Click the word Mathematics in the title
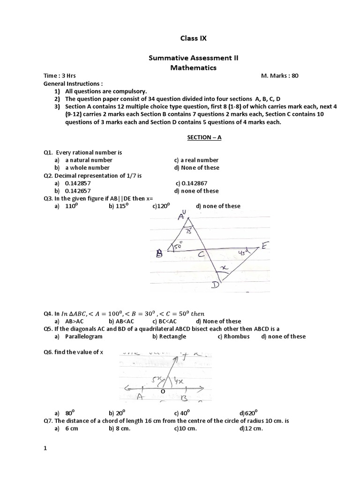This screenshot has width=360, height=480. [x=193, y=67]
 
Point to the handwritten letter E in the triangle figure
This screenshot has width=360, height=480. [x=265, y=246]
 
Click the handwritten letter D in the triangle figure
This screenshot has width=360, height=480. [x=217, y=285]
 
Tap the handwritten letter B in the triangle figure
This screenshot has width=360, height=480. [x=159, y=254]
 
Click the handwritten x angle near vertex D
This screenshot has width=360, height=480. [x=224, y=268]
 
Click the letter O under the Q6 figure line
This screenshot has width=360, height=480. [x=163, y=390]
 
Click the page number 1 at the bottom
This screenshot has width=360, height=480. [x=45, y=449]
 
